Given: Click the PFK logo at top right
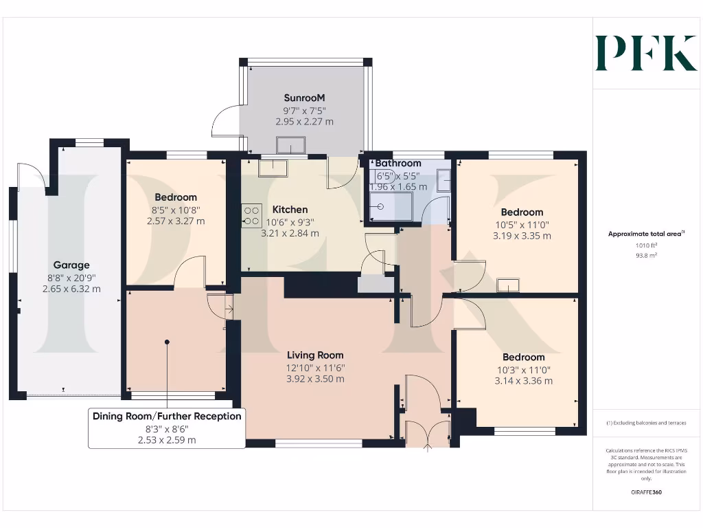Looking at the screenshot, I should point(645,53).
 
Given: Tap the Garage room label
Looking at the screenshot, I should point(71,265).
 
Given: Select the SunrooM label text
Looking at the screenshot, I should point(304,98).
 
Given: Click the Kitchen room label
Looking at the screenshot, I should point(290,209).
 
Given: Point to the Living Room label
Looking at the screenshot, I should point(315,355).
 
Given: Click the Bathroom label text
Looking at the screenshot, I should point(398,163).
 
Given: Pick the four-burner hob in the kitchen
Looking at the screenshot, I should point(251,215).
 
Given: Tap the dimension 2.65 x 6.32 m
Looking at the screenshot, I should point(71,289).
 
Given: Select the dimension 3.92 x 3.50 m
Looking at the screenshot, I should point(315,379).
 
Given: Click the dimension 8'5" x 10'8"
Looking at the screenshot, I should point(176,210).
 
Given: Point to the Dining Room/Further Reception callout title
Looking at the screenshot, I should point(167,416).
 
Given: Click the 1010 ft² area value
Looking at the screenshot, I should point(645,245).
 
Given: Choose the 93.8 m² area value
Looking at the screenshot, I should point(645,255).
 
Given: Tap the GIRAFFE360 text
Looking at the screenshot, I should point(645,492).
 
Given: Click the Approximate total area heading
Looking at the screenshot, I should point(645,234).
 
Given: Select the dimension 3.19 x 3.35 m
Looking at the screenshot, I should point(522,236).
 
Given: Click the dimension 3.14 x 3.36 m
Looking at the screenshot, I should point(523,381).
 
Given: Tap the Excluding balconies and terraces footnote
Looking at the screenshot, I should point(645,423).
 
